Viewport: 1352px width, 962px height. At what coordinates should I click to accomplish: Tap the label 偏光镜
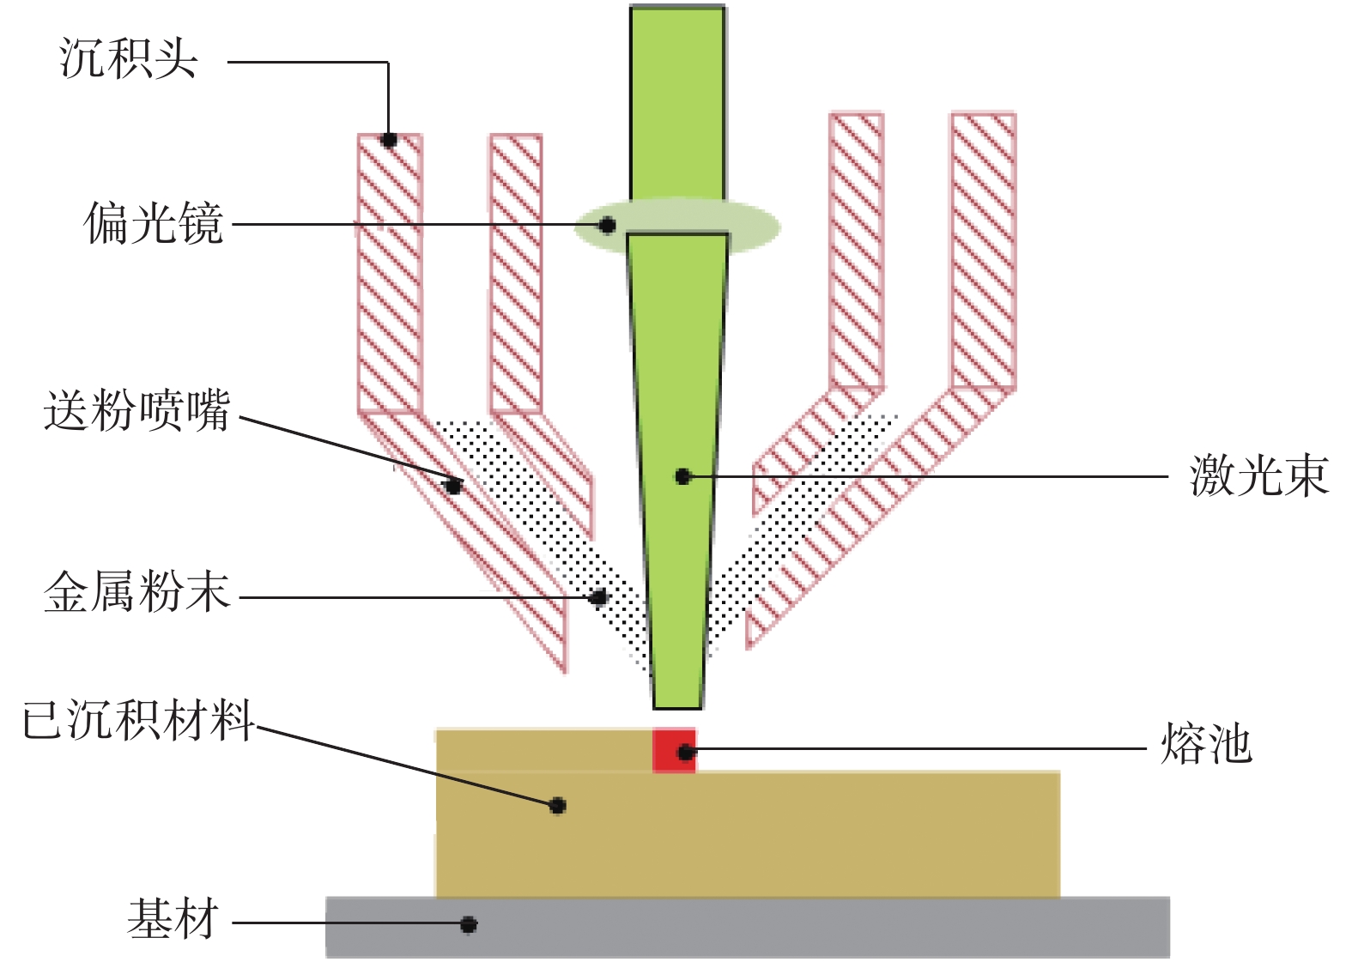153,223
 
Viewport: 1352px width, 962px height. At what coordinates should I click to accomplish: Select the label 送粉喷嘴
137,409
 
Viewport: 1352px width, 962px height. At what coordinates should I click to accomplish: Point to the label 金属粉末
137,591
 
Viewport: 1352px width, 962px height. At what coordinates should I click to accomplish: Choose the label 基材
173,919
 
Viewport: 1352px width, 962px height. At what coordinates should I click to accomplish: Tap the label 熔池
1206,742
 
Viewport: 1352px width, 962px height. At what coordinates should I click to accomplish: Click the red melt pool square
674,750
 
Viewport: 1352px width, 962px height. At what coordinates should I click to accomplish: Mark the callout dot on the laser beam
682,476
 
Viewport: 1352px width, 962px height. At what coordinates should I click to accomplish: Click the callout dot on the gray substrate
469,924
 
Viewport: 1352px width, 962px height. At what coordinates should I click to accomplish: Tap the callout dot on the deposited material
558,805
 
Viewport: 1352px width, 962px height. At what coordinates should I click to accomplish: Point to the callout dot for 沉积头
389,140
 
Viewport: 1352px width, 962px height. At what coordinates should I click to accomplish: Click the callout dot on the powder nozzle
453,487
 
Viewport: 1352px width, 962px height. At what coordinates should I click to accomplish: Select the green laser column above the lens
677,103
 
